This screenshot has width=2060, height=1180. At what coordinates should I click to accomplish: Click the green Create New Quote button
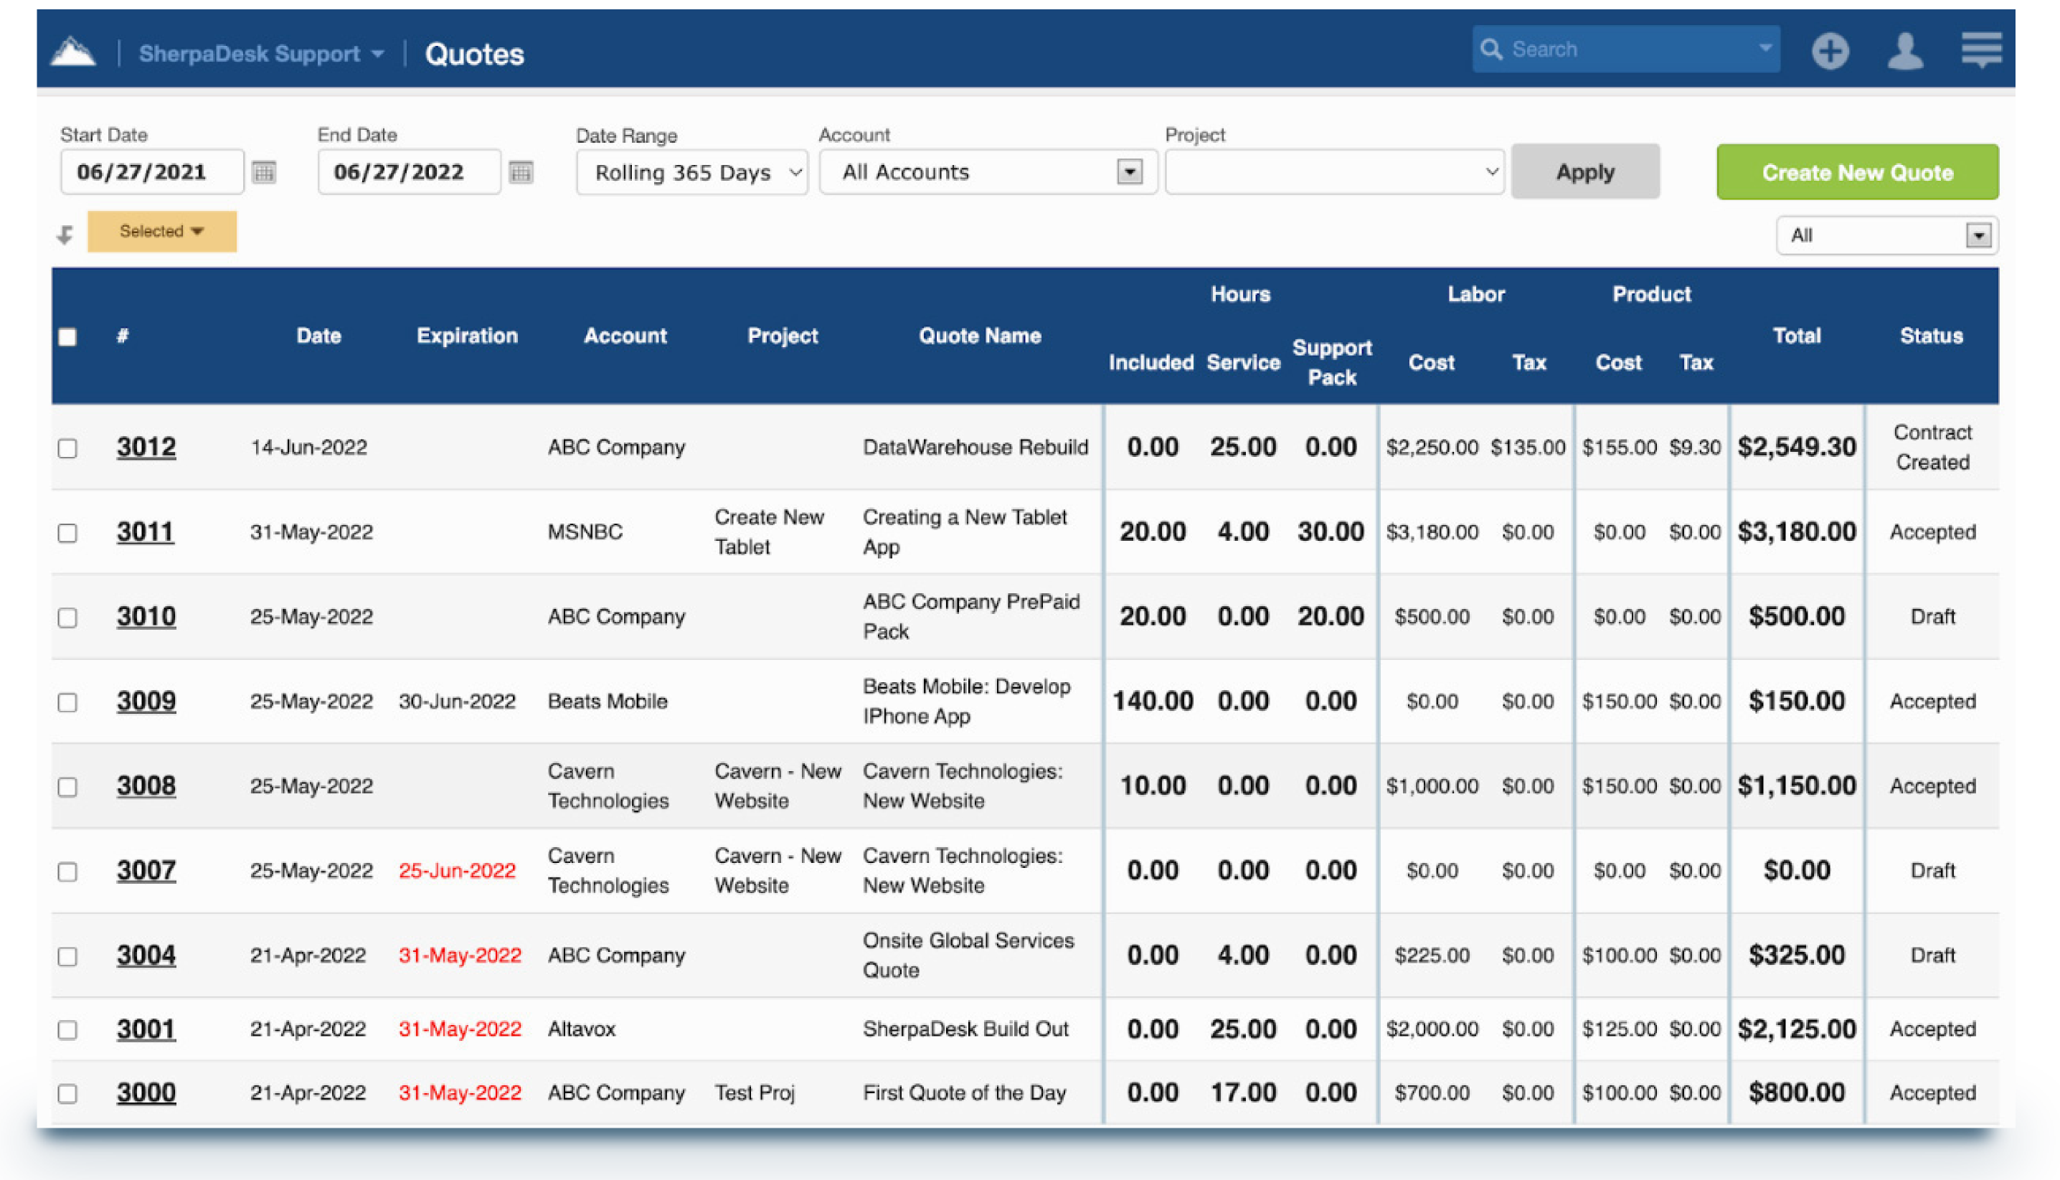(x=1856, y=172)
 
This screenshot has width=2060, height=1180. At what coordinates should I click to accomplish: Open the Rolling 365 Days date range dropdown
(x=691, y=173)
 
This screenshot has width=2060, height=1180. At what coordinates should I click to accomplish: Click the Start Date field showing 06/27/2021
(x=151, y=172)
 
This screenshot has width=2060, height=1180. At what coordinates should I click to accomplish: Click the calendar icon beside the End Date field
(x=520, y=172)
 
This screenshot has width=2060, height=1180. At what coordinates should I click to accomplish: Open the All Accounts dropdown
(x=987, y=172)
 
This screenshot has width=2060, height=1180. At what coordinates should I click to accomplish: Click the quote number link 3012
(x=146, y=447)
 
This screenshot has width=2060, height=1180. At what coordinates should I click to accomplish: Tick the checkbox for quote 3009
(x=67, y=702)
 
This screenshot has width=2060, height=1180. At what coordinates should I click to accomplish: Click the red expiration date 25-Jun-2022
(x=456, y=870)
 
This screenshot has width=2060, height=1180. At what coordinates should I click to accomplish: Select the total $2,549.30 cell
(x=1796, y=447)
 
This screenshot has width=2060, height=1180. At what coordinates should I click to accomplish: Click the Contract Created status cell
(x=1932, y=447)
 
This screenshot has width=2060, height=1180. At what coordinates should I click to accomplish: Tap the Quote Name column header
(x=979, y=336)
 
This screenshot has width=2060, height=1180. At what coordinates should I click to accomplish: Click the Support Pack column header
(x=1331, y=362)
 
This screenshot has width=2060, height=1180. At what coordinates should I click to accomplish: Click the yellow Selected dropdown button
(x=161, y=231)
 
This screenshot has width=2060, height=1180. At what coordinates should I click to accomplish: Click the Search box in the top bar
(x=1625, y=49)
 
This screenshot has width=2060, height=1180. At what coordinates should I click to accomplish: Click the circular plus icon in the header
(x=1830, y=51)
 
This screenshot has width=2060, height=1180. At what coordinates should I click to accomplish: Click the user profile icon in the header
(x=1904, y=51)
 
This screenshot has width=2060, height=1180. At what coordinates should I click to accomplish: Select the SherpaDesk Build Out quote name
(x=965, y=1029)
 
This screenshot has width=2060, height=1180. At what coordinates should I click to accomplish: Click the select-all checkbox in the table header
(x=67, y=337)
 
